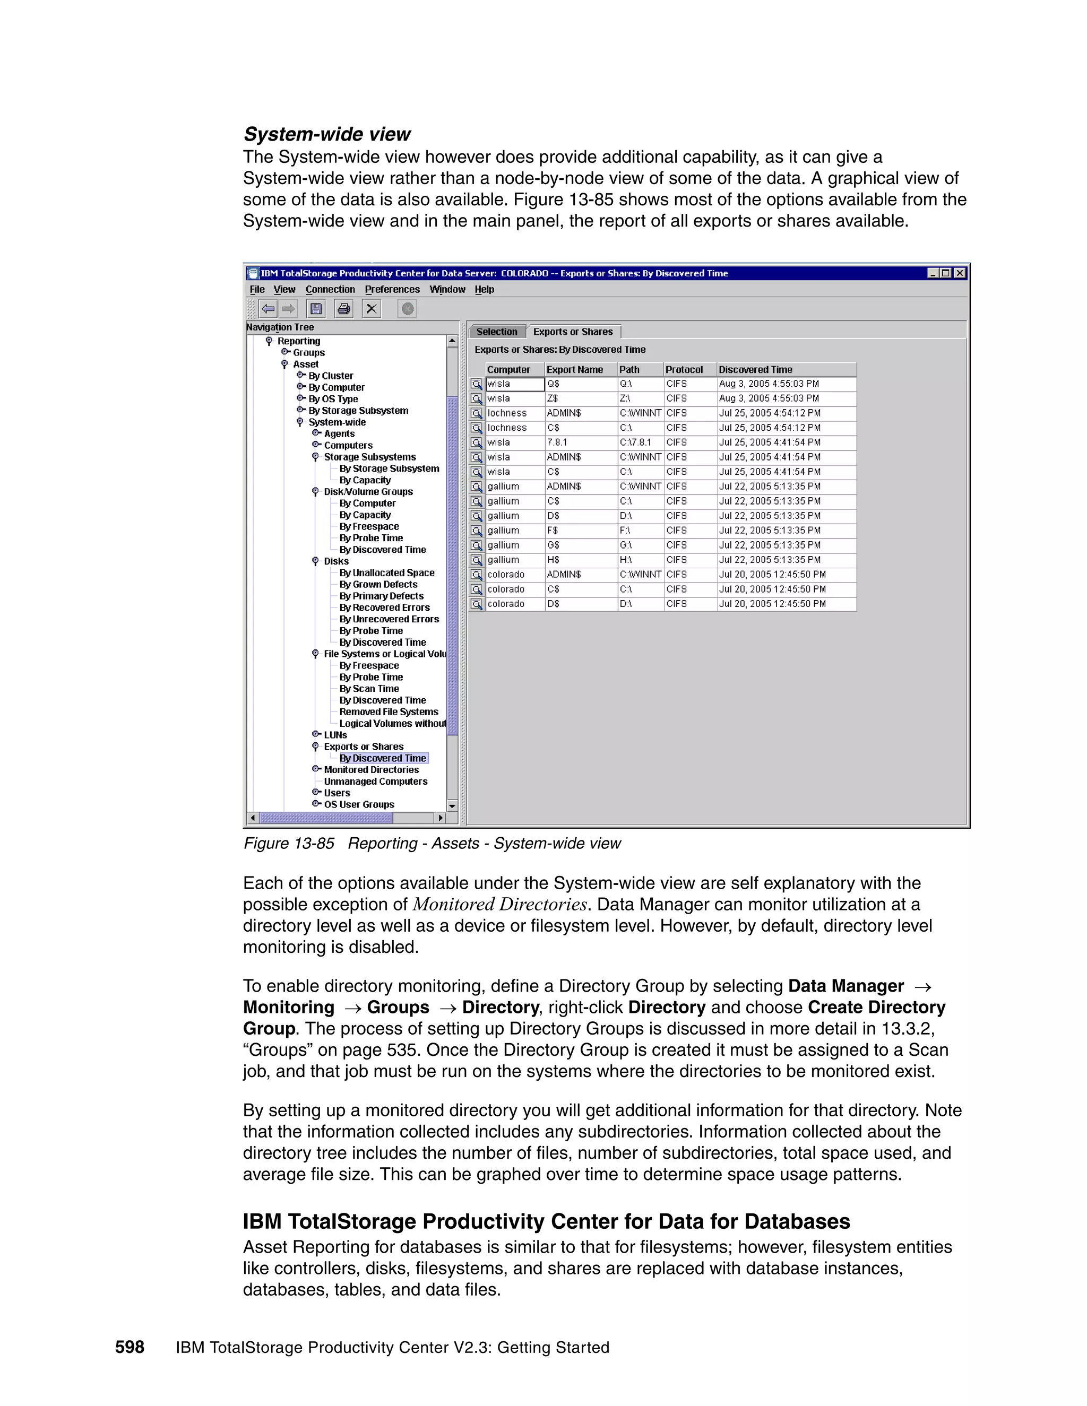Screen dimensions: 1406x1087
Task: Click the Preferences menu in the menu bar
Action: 392,290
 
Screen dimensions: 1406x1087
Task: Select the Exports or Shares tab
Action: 573,332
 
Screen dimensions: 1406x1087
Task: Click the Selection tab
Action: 496,332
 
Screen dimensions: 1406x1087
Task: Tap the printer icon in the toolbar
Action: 344,309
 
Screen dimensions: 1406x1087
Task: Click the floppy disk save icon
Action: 316,309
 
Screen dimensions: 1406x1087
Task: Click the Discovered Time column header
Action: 755,369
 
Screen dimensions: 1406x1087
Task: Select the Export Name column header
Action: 574,369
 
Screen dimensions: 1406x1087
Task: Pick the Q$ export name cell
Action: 553,384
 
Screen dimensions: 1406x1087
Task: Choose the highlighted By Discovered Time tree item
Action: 383,758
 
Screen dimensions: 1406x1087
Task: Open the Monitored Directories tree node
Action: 371,770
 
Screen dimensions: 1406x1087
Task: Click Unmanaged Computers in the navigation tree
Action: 375,782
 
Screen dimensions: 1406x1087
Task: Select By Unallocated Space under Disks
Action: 386,573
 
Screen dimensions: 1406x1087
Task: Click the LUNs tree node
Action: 335,735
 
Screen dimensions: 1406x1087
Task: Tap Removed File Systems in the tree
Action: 389,712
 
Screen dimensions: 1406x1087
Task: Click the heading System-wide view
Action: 326,135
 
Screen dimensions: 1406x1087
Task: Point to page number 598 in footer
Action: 130,1348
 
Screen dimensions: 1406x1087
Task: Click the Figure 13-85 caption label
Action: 289,844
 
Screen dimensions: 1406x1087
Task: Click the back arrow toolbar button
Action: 269,309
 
